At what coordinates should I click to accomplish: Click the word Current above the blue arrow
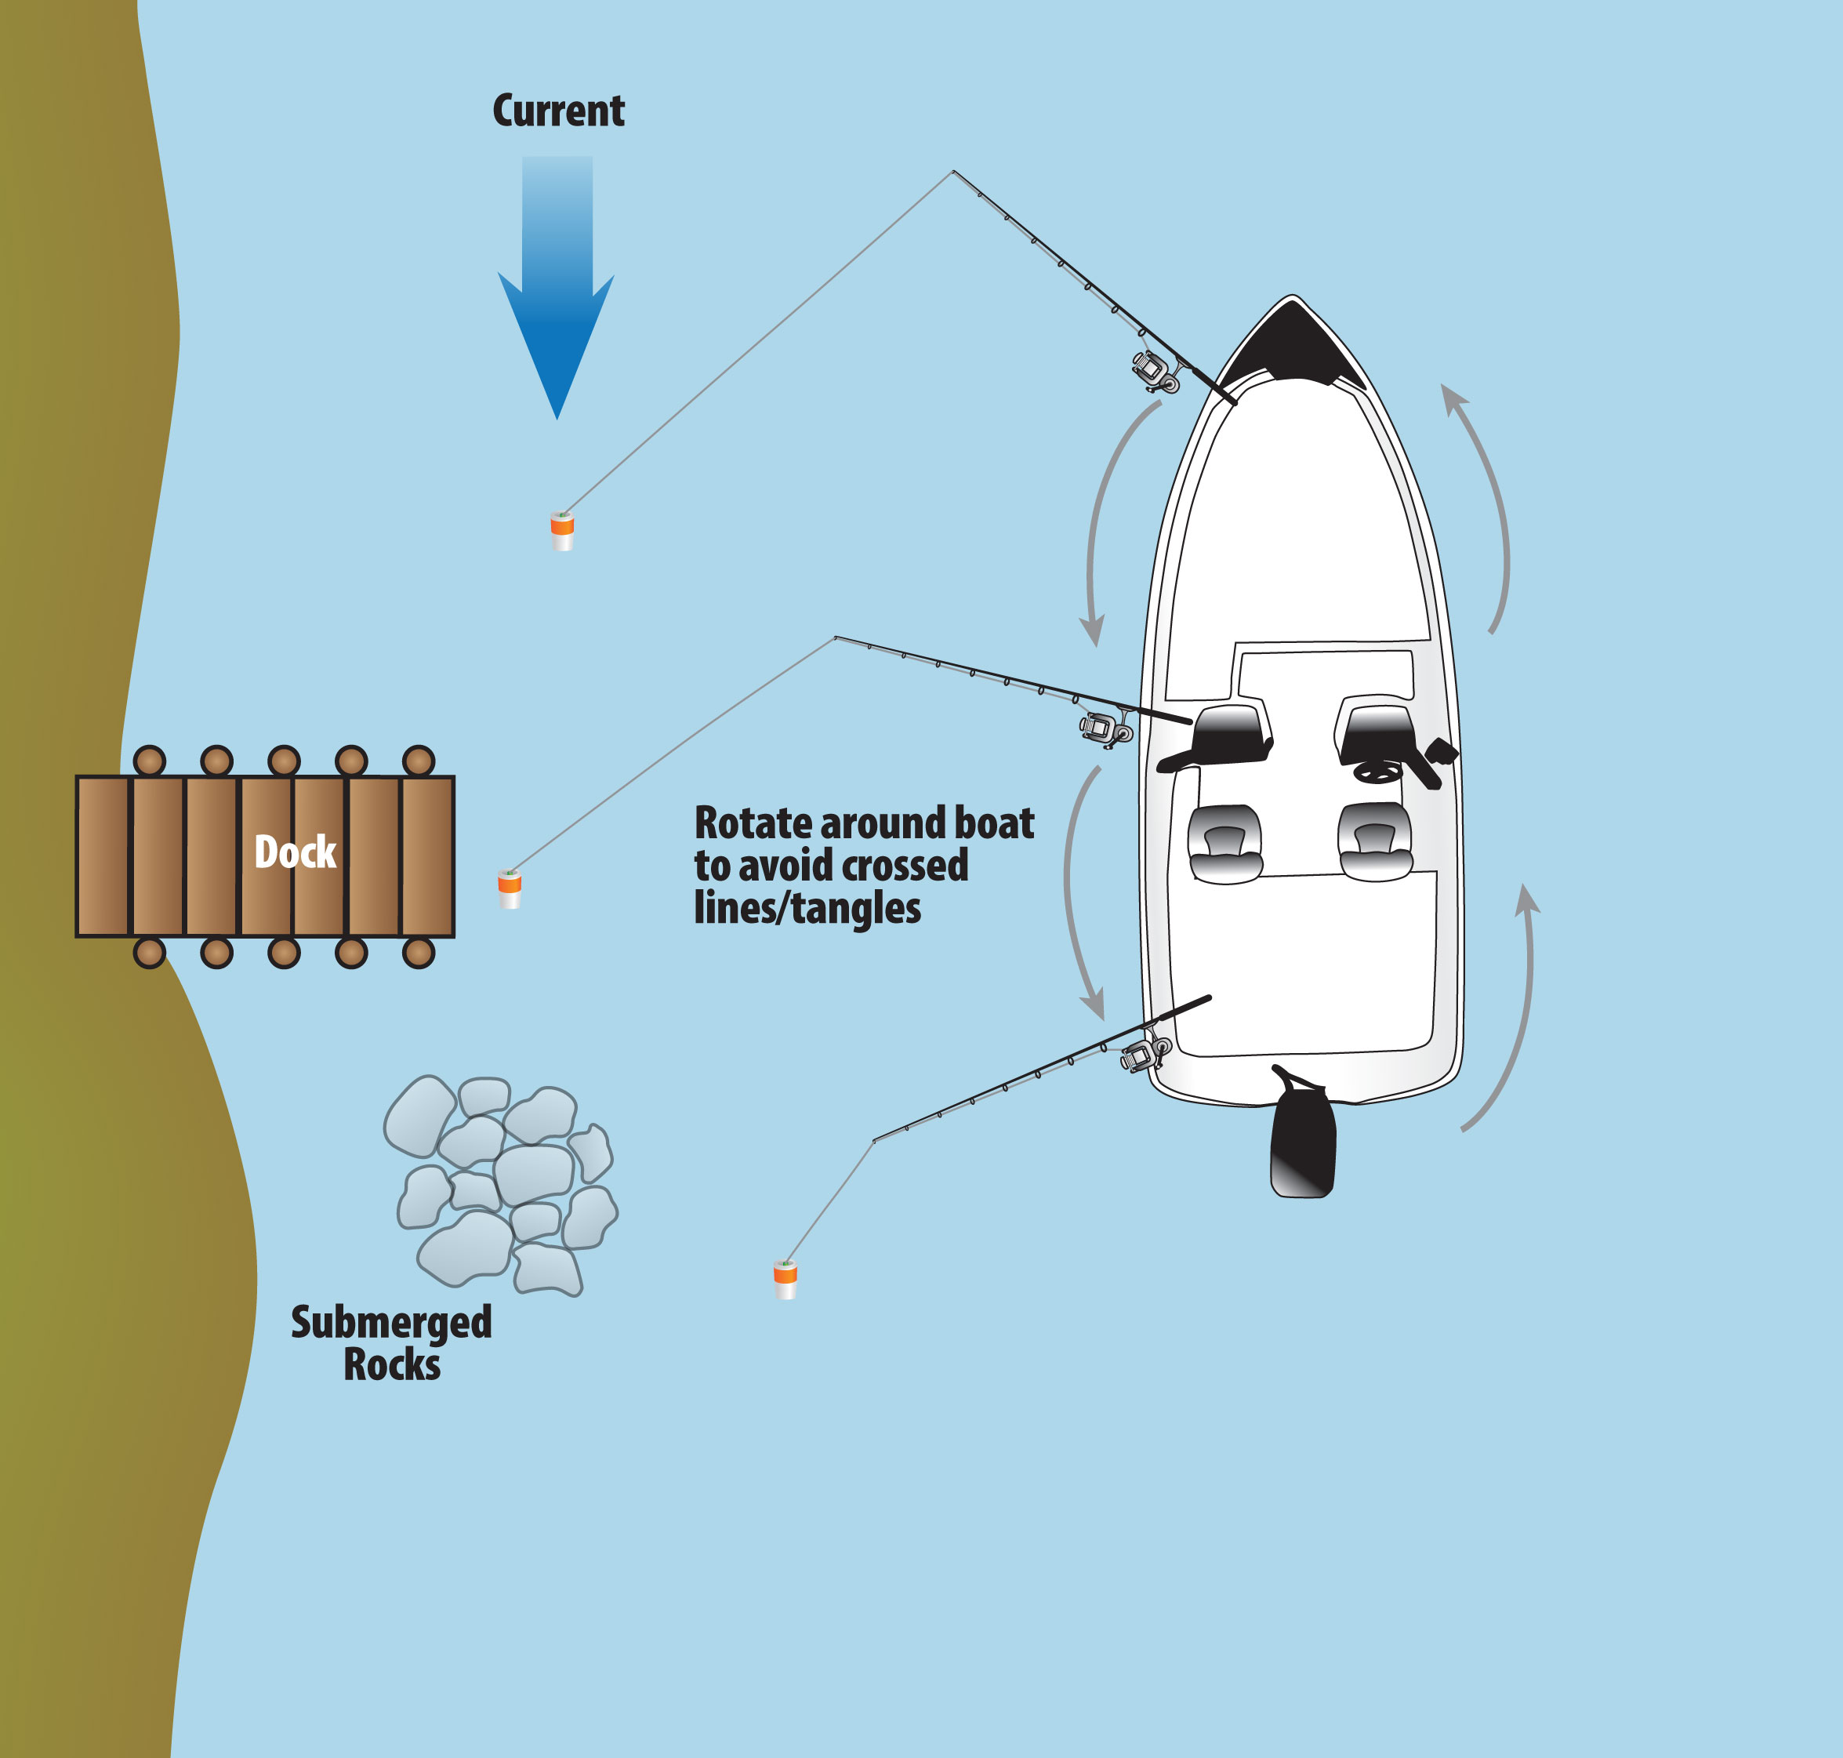click(x=558, y=111)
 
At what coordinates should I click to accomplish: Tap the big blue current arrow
click(x=557, y=300)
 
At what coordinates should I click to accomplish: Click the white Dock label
click(x=295, y=852)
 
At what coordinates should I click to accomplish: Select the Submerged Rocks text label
click(x=392, y=1343)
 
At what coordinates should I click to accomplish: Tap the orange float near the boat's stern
click(x=785, y=1279)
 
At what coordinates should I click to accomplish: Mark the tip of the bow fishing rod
click(x=954, y=172)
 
